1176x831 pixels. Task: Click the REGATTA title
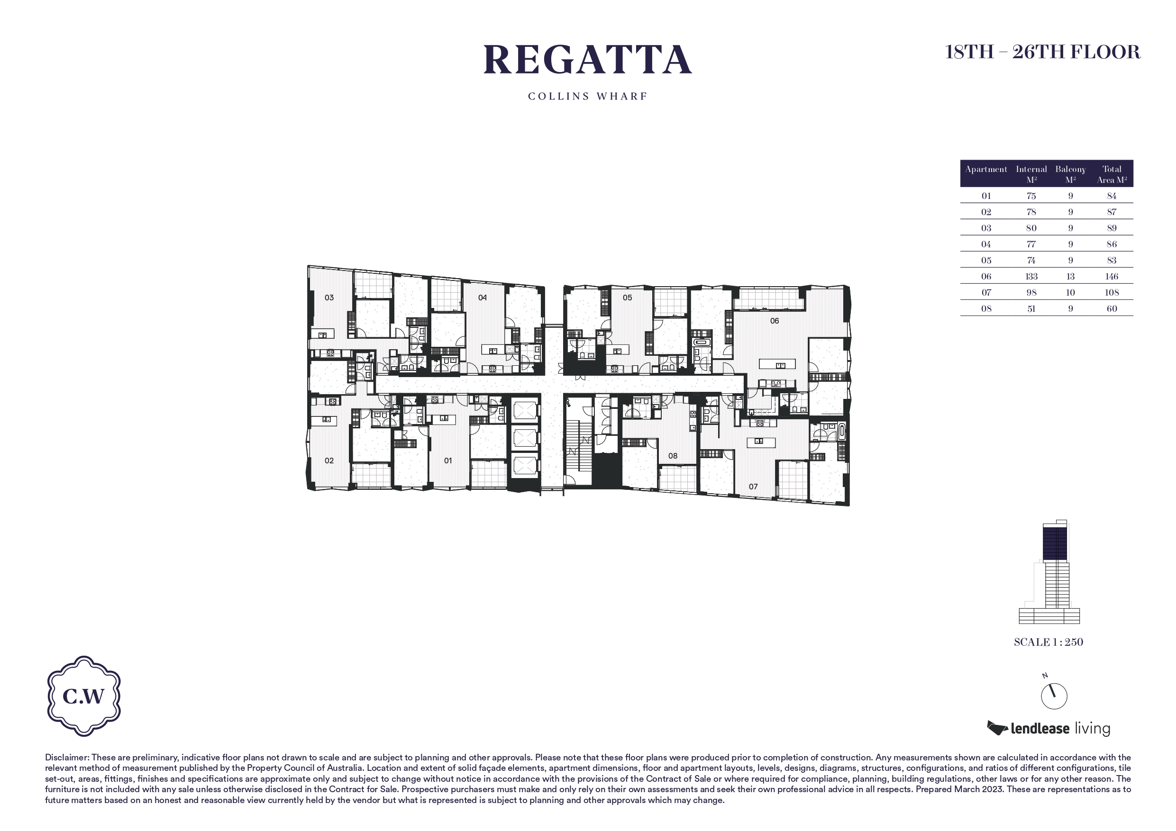[587, 60]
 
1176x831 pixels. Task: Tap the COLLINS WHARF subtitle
[587, 96]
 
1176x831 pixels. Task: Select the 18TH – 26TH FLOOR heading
[1042, 52]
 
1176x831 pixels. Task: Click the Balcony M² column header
[1070, 174]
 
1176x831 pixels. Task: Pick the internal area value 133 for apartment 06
[1031, 277]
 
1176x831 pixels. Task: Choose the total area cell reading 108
[1112, 292]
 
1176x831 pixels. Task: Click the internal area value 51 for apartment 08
[1031, 309]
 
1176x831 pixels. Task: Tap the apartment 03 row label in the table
[986, 228]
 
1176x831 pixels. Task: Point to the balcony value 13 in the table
[1070, 277]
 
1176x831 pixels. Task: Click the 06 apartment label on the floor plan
[775, 321]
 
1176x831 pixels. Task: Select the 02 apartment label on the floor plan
[329, 461]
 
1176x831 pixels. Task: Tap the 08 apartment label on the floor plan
[673, 456]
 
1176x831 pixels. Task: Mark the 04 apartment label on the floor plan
[483, 298]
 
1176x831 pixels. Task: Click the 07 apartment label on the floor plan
[753, 487]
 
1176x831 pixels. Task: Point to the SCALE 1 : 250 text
[1048, 642]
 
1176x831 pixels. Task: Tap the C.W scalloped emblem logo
[84, 696]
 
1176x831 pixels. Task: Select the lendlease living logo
[1048, 728]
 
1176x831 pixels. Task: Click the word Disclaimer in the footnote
[67, 757]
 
